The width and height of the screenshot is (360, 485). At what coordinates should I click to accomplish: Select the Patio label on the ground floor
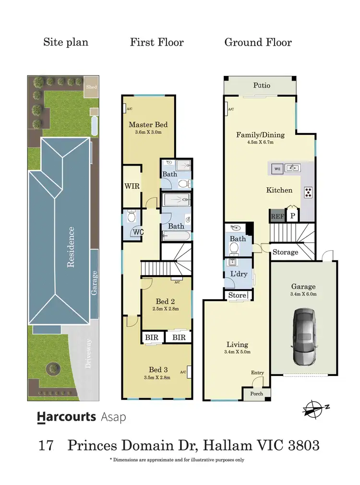(x=262, y=85)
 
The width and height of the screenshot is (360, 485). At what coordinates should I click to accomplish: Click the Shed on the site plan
(x=91, y=87)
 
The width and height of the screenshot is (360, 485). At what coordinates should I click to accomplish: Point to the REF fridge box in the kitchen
(x=276, y=216)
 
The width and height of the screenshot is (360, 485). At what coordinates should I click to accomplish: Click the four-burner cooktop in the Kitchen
(x=308, y=192)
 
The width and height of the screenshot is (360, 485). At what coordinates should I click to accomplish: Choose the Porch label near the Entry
(x=257, y=394)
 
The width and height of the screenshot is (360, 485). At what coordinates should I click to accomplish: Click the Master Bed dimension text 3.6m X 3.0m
(x=148, y=132)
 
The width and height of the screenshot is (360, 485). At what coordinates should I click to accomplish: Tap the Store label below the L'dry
(x=237, y=295)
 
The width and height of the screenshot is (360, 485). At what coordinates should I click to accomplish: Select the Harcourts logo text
(x=67, y=417)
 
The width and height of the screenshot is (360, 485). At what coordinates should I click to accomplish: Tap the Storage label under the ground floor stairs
(x=285, y=252)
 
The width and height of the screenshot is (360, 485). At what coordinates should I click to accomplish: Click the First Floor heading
(x=156, y=42)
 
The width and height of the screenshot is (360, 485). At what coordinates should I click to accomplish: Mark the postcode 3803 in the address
(x=303, y=445)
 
